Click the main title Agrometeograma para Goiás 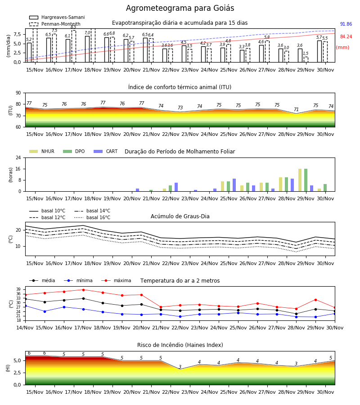click(x=180, y=8)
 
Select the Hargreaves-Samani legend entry click(x=57, y=17)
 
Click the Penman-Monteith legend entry click(x=55, y=24)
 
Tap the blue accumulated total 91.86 click(x=346, y=24)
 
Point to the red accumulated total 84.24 click(x=346, y=37)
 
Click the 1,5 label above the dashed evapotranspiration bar click(x=306, y=54)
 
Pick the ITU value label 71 click(x=296, y=109)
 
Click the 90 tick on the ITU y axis click(x=18, y=93)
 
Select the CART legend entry click(x=106, y=151)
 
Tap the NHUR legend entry click(x=42, y=151)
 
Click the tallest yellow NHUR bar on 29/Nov click(x=300, y=180)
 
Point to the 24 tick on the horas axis click(x=18, y=157)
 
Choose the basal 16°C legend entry click(x=92, y=217)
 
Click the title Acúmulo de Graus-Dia click(x=180, y=216)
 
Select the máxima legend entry click(x=116, y=280)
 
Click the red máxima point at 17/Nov click(x=83, y=290)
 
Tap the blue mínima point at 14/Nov click(x=25, y=306)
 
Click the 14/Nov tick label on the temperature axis click(x=25, y=328)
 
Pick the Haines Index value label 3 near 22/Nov click(x=180, y=367)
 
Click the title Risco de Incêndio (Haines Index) click(x=180, y=345)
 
